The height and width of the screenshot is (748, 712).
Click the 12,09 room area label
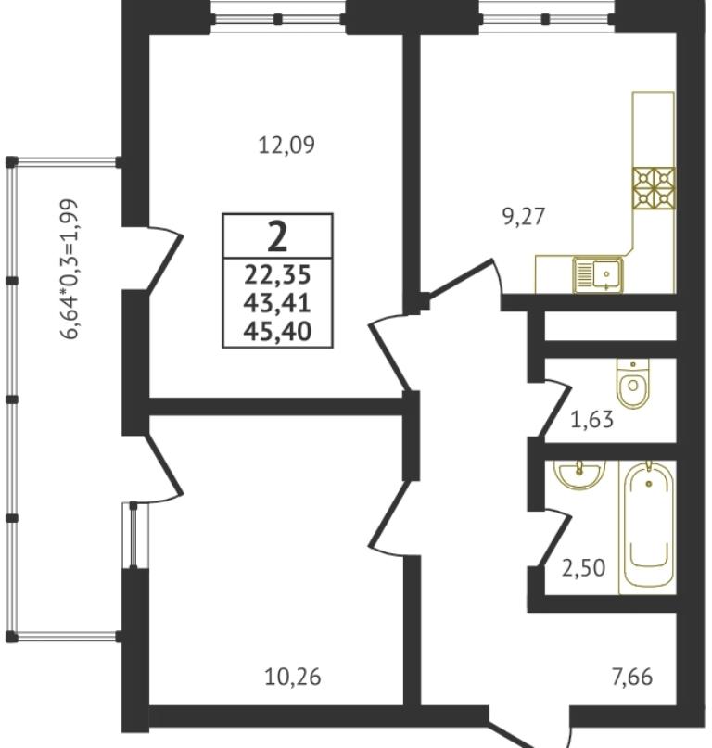tap(286, 145)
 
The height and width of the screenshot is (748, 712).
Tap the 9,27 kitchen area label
tap(524, 217)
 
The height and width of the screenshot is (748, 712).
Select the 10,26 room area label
tap(293, 677)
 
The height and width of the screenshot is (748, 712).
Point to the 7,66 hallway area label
tap(632, 677)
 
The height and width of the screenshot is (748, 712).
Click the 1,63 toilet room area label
tap(591, 420)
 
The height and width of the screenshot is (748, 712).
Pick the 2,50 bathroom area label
tap(584, 568)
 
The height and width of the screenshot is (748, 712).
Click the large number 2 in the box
tap(277, 236)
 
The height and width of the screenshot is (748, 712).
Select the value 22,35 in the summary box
tap(277, 274)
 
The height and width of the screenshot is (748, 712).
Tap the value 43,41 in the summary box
tap(277, 302)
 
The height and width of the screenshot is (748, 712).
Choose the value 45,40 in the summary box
tap(277, 331)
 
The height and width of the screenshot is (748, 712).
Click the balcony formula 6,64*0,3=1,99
tap(69, 269)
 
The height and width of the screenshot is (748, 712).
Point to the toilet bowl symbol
tap(633, 384)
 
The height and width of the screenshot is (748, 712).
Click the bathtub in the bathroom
tap(648, 527)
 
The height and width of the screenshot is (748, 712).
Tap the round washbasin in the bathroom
tap(579, 474)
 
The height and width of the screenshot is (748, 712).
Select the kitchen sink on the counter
tap(598, 274)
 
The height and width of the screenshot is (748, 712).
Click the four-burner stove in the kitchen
tap(654, 188)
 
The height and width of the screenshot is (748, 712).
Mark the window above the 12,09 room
tap(278, 19)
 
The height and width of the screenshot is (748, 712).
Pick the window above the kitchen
tap(546, 19)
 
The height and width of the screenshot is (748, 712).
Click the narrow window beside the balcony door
tap(133, 535)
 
